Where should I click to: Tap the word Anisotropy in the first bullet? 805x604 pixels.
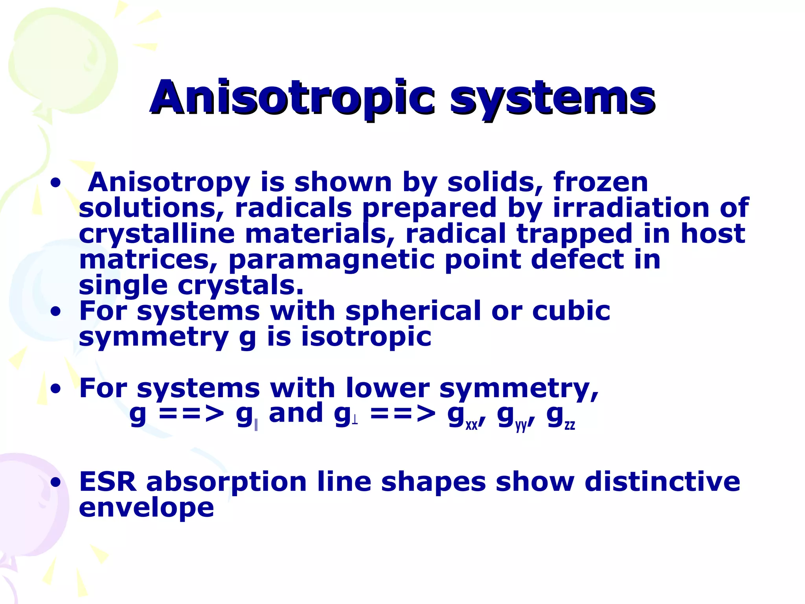[x=169, y=183]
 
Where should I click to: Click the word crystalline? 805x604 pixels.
[x=156, y=234]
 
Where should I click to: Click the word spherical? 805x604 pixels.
[x=413, y=311]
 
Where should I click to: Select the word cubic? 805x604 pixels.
[x=571, y=311]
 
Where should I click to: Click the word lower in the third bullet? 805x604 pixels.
[x=388, y=388]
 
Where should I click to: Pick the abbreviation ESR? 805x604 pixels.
[x=108, y=482]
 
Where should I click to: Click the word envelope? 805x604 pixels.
[x=146, y=508]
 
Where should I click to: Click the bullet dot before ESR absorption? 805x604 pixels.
[x=56, y=482]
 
